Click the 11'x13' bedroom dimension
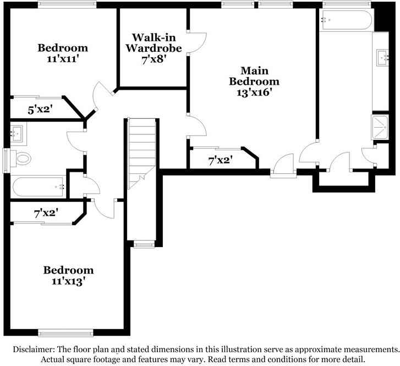tap(68, 281)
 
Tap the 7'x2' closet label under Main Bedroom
tap(220, 161)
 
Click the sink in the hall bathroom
tap(16, 132)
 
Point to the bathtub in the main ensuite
tap(347, 20)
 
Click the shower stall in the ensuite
tap(380, 128)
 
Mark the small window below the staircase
tap(144, 244)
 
